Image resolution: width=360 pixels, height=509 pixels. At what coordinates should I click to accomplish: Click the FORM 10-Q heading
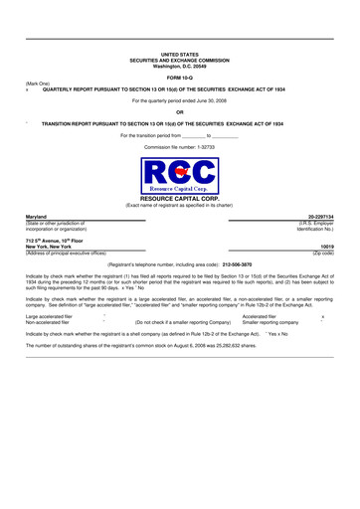pos(180,77)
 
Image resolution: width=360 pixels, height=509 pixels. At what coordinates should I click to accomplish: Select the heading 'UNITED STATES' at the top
pos(180,55)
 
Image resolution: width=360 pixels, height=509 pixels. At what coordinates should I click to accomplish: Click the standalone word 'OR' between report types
pos(180,112)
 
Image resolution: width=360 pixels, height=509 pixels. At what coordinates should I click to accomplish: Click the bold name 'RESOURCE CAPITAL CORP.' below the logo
pos(180,199)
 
